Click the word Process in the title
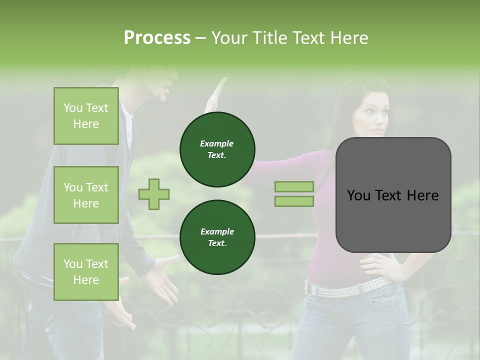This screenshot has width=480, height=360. [x=157, y=37]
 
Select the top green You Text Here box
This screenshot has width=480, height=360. [x=86, y=116]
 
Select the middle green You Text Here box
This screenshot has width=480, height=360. [x=86, y=195]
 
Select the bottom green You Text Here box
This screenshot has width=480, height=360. [x=86, y=271]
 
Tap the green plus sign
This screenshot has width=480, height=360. [x=154, y=194]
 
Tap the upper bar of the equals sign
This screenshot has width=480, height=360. [x=294, y=186]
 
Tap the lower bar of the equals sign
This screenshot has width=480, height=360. [x=294, y=201]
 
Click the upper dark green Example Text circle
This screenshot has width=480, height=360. [x=217, y=149]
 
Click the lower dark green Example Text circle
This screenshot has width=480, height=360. [x=217, y=237]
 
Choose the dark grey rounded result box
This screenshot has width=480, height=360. [x=393, y=195]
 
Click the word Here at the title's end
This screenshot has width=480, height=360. [x=349, y=37]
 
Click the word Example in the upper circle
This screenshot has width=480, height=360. [x=216, y=143]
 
